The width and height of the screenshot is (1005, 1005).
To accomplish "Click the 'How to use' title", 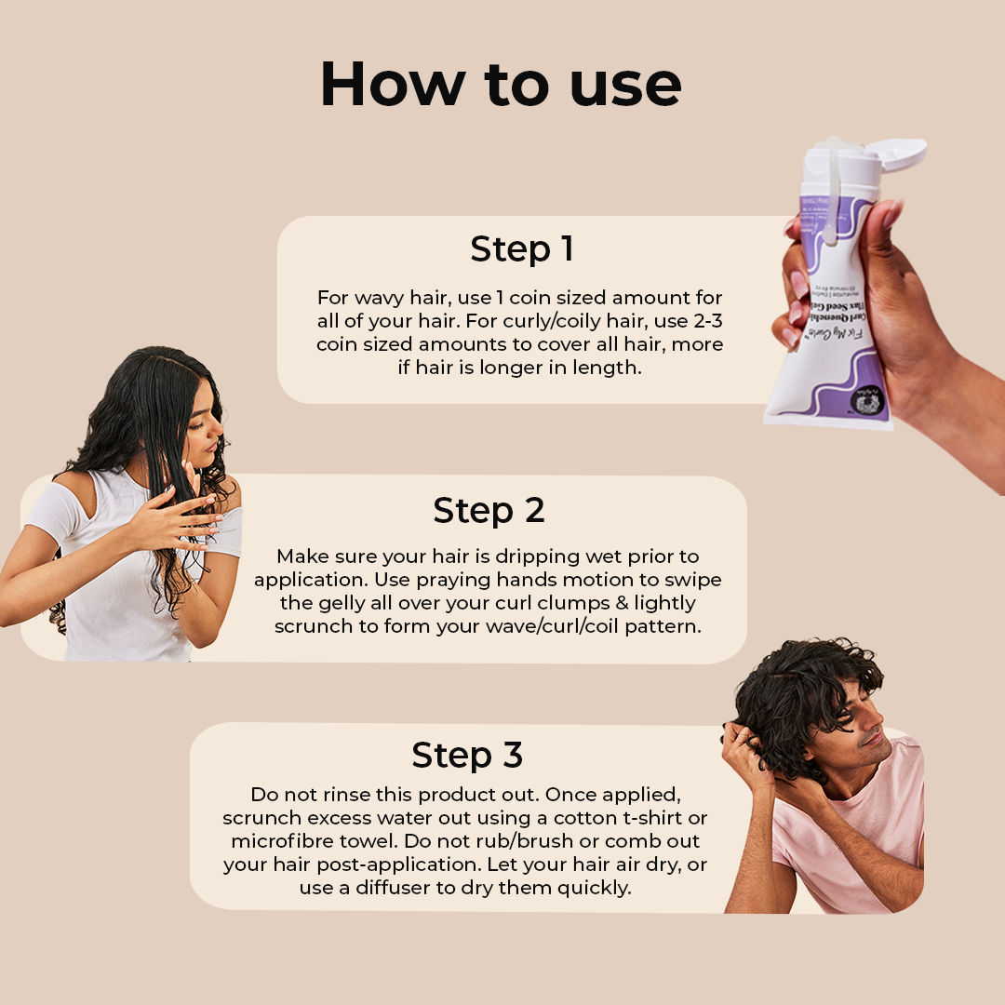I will (501, 86).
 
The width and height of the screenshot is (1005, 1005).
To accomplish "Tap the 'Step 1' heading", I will (522, 249).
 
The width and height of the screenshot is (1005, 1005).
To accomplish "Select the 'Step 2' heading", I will (489, 511).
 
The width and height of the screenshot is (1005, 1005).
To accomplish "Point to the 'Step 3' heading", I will (467, 755).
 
